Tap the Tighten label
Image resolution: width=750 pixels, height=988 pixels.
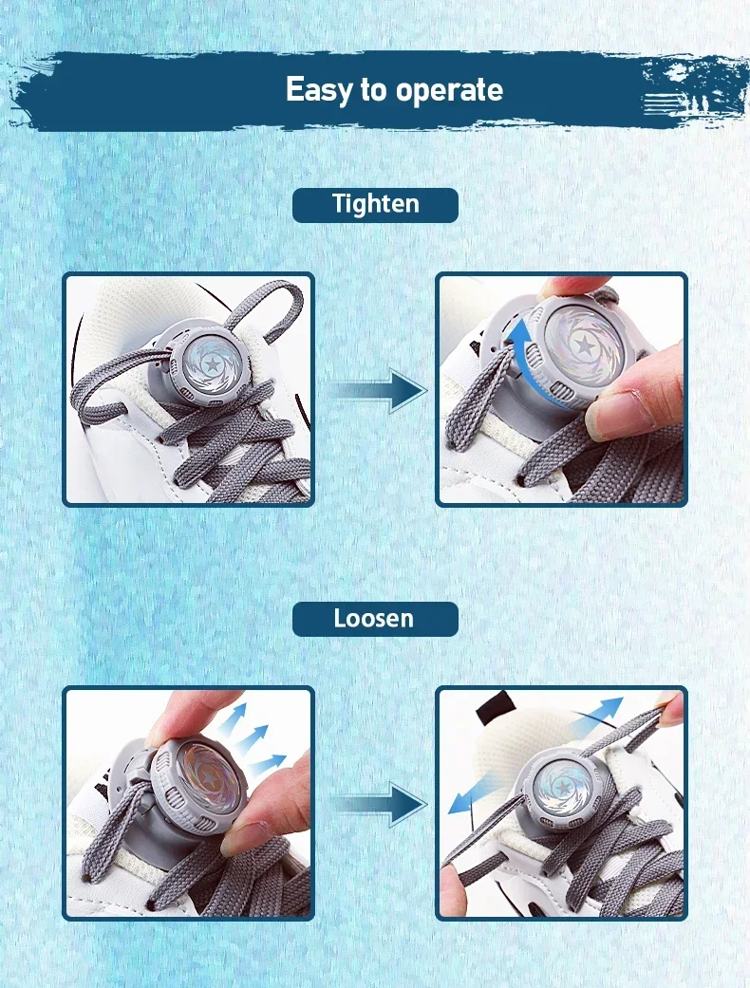pos(375,205)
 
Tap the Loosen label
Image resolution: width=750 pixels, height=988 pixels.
pos(375,619)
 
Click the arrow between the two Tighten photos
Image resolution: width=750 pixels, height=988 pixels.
pos(378,391)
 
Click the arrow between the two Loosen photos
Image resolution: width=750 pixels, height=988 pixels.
pos(378,804)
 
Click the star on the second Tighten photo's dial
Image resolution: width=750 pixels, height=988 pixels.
pos(584,345)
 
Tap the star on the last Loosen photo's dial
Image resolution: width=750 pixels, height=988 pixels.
pos(561,788)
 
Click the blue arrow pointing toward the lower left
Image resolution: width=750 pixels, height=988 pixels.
pos(474,795)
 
